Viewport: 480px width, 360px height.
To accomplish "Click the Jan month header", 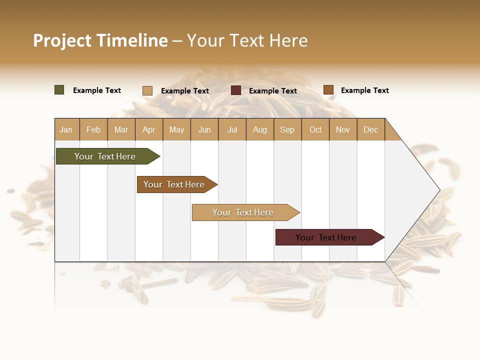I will point(66,129).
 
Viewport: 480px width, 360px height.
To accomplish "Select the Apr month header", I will point(148,129).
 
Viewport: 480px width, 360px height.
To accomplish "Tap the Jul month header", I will point(232,129).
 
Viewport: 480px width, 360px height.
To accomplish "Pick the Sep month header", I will point(287,129).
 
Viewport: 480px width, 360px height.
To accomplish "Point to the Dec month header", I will point(370,129).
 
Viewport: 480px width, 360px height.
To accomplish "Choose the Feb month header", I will point(93,129).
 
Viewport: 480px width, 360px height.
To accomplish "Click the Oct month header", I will point(315,129).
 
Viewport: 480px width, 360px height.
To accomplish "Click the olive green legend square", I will point(59,90).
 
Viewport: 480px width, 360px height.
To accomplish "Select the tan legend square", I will point(147,90).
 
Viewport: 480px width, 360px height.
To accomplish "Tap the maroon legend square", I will point(236,90).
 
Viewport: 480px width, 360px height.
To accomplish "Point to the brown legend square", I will point(328,90).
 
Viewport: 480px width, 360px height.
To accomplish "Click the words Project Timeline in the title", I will point(100,40).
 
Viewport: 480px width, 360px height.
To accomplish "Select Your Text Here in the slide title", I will point(247,40).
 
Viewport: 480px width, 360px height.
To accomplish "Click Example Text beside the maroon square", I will point(272,91).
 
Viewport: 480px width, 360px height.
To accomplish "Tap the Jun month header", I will point(204,129).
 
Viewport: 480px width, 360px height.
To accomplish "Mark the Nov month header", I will point(342,129).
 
